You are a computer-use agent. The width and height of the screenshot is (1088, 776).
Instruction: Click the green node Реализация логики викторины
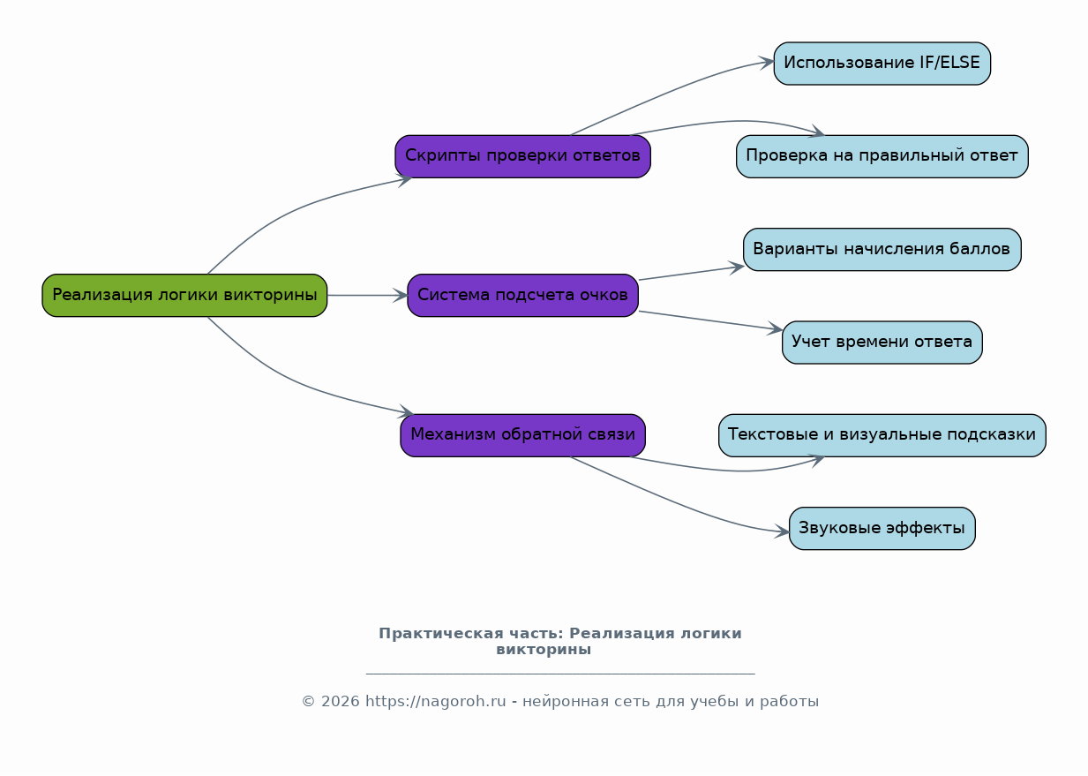pos(184,296)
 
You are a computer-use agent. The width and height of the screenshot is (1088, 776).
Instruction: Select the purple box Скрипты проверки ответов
pos(522,156)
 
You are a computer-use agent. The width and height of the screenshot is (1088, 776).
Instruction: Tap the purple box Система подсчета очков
pos(522,296)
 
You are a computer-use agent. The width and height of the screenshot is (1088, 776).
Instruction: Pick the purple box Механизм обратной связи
pos(522,435)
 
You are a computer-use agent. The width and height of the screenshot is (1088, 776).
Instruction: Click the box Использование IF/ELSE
pos(882,64)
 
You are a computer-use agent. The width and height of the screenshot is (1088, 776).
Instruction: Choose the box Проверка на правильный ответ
pos(882,156)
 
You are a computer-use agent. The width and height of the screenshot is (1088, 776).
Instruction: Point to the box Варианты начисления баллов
pos(882,249)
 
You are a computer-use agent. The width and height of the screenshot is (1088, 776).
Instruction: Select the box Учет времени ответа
pos(882,342)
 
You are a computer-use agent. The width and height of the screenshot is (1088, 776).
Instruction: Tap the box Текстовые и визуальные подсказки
pos(882,435)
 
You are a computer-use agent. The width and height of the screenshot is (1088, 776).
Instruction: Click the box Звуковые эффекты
pos(882,528)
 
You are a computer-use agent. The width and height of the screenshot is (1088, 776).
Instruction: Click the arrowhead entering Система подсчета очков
pos(401,296)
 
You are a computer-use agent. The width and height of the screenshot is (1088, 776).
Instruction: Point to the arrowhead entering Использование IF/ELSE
pos(767,63)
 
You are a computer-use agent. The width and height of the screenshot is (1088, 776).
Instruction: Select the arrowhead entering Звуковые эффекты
pos(782,531)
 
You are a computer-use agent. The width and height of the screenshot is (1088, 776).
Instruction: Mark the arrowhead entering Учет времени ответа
pos(775,328)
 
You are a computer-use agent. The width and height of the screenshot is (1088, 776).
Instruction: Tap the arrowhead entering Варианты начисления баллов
pos(737,267)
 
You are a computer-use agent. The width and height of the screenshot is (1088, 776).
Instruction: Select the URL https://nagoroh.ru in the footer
pos(436,702)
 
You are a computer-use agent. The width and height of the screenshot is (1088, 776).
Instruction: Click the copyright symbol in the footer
pos(309,702)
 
